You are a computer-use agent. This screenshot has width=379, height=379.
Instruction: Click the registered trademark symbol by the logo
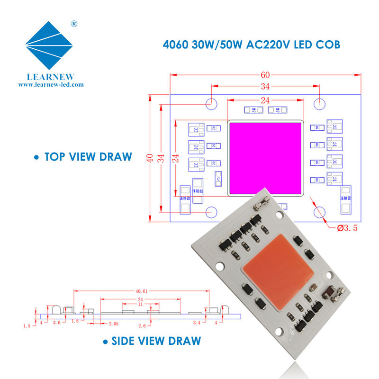point(74,23)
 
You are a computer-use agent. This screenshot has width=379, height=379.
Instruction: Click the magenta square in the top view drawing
point(265,158)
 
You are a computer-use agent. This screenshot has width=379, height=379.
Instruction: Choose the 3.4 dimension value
point(198,323)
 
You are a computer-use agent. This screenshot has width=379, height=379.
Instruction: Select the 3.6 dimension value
point(56,323)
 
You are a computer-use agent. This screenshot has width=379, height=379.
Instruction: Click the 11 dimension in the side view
point(140,304)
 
